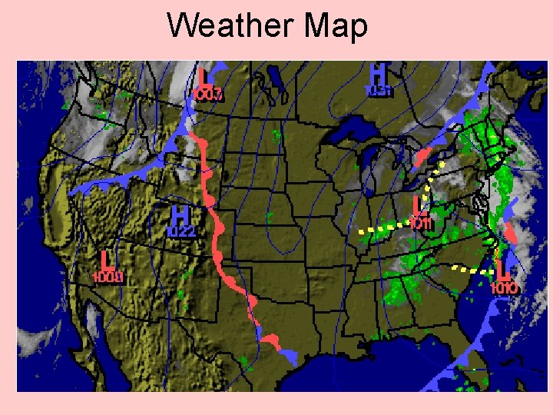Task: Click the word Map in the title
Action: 336,26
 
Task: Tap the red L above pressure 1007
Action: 204,78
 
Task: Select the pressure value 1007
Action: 207,95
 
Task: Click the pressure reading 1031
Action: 379,91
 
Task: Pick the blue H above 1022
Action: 180,214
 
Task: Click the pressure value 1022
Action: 182,231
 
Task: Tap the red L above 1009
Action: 106,260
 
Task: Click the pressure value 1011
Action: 422,224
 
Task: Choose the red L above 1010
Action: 503,270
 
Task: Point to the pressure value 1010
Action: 504,288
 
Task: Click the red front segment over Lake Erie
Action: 422,158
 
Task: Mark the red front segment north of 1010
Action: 510,231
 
